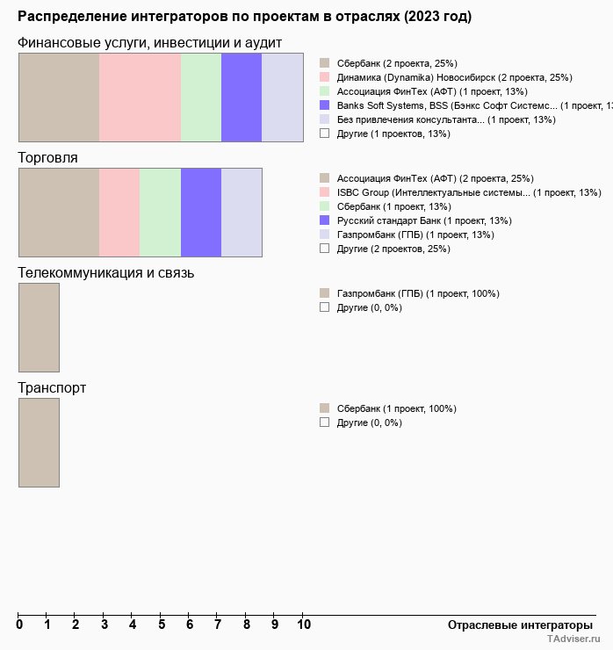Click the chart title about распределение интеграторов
pyautogui.click(x=244, y=17)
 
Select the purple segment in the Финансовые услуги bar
pyautogui.click(x=242, y=97)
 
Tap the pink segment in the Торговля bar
pyautogui.click(x=119, y=212)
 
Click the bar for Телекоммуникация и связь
pyautogui.click(x=39, y=327)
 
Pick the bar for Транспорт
pyautogui.click(x=39, y=442)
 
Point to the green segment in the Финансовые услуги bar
pyautogui.click(x=201, y=97)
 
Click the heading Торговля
pyautogui.click(x=48, y=158)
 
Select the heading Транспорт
pyautogui.click(x=52, y=387)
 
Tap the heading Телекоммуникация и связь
pyautogui.click(x=106, y=272)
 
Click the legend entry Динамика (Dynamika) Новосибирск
pyautogui.click(x=454, y=77)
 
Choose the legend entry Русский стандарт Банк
pyautogui.click(x=424, y=220)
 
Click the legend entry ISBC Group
pyautogui.click(x=468, y=192)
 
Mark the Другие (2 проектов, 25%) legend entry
pyautogui.click(x=393, y=249)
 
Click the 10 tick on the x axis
pyautogui.click(x=303, y=625)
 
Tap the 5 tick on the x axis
pyautogui.click(x=161, y=625)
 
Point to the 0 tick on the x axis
pyautogui.click(x=19, y=625)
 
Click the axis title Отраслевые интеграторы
pyautogui.click(x=515, y=625)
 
